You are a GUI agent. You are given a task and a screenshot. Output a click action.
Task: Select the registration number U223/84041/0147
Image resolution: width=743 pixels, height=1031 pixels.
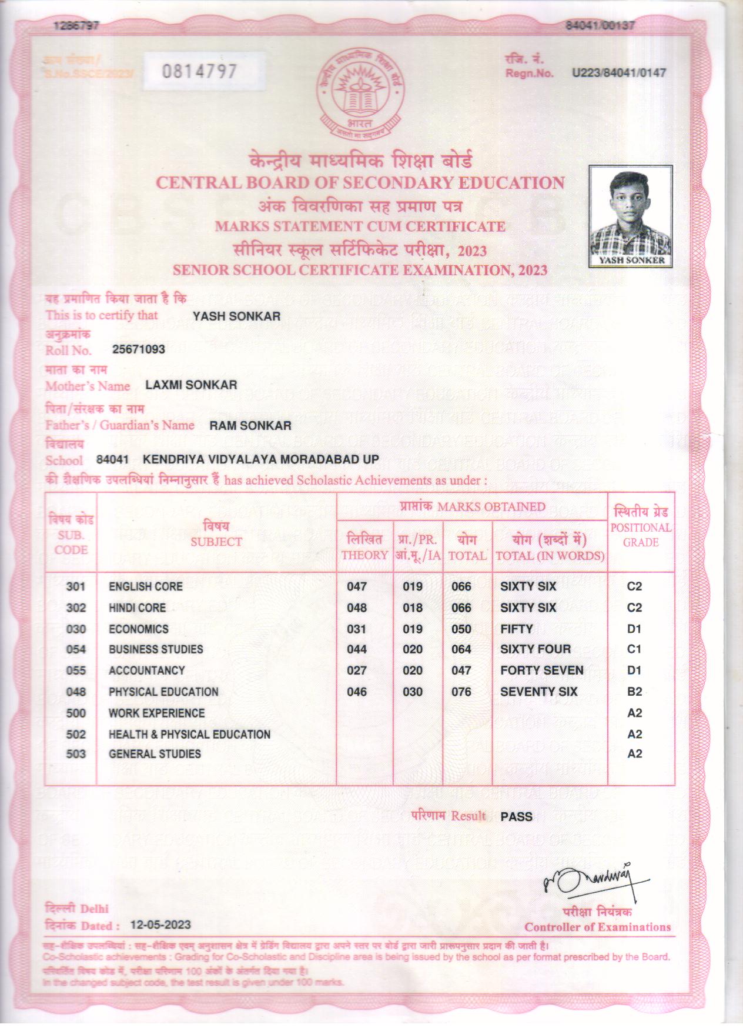tap(619, 73)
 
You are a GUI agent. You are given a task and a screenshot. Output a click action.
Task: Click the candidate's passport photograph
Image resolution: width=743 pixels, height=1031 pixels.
tap(631, 215)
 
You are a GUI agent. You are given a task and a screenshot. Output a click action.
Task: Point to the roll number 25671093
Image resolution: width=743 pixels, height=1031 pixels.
tap(139, 349)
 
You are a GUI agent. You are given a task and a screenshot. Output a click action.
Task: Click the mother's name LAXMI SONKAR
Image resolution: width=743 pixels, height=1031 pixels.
tap(191, 385)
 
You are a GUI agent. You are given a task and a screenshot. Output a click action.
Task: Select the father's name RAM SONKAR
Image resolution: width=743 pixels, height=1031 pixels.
tap(250, 425)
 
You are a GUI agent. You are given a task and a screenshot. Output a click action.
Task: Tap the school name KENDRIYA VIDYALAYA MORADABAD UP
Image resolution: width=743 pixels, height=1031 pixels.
tap(261, 459)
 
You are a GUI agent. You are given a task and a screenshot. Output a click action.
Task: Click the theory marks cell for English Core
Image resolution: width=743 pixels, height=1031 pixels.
tap(357, 586)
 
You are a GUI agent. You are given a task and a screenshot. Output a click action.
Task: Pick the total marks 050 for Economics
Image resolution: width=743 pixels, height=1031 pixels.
tap(461, 629)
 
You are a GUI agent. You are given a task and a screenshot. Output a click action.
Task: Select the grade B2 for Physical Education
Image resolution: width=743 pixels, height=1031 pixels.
tap(634, 692)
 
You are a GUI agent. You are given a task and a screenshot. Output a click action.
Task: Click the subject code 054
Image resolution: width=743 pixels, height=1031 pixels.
tap(76, 649)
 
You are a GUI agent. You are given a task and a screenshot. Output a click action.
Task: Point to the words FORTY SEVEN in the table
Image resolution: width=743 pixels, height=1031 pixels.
tap(541, 670)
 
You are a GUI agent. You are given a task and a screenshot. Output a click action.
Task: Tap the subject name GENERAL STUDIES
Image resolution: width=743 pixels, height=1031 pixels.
tap(155, 754)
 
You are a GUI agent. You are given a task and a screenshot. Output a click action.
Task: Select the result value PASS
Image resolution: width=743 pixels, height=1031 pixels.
tap(516, 816)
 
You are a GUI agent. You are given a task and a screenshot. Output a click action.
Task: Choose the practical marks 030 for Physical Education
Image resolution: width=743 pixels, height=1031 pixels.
tap(413, 692)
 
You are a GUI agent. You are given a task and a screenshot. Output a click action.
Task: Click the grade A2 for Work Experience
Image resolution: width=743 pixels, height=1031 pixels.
tap(634, 713)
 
